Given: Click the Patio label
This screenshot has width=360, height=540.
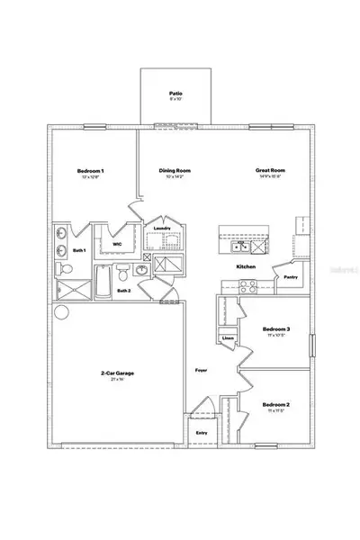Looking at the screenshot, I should tap(175, 93).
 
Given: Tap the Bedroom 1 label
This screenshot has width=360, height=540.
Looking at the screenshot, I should tap(90, 171).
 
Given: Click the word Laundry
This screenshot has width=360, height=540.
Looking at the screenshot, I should tap(162, 229).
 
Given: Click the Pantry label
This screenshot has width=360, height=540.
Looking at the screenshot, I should tap(291, 278).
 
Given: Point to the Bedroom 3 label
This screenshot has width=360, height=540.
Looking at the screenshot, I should tap(276, 330).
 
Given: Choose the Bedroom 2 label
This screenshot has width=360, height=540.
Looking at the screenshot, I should tap(276, 405).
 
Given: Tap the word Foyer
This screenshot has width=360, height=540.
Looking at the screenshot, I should tap(202, 370).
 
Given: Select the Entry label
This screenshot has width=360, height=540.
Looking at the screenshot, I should tap(202, 433).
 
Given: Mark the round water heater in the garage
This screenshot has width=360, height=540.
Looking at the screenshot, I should tap(61, 313).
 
